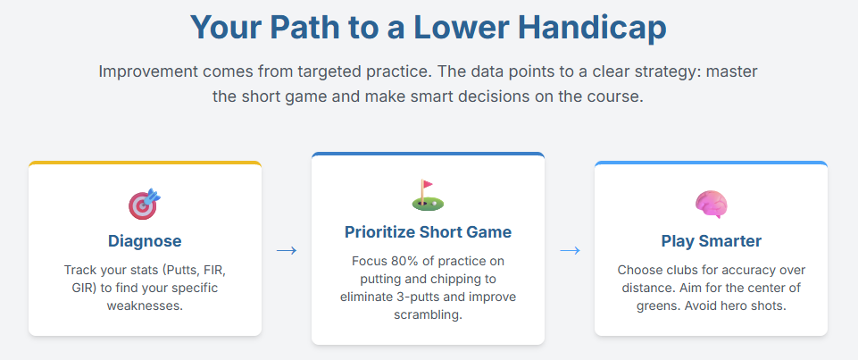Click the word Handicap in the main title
(x=592, y=28)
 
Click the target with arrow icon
(x=145, y=204)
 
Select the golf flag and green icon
(x=428, y=196)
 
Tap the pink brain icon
(x=711, y=204)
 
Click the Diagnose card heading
(x=145, y=240)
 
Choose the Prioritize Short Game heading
(x=428, y=232)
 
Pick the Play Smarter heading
(x=712, y=240)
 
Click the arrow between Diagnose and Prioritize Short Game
(x=287, y=251)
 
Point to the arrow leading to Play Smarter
(x=570, y=251)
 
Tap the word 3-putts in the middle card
(x=424, y=297)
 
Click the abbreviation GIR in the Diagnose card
(x=81, y=288)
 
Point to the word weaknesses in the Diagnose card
(x=145, y=306)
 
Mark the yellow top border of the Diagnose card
(x=145, y=163)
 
